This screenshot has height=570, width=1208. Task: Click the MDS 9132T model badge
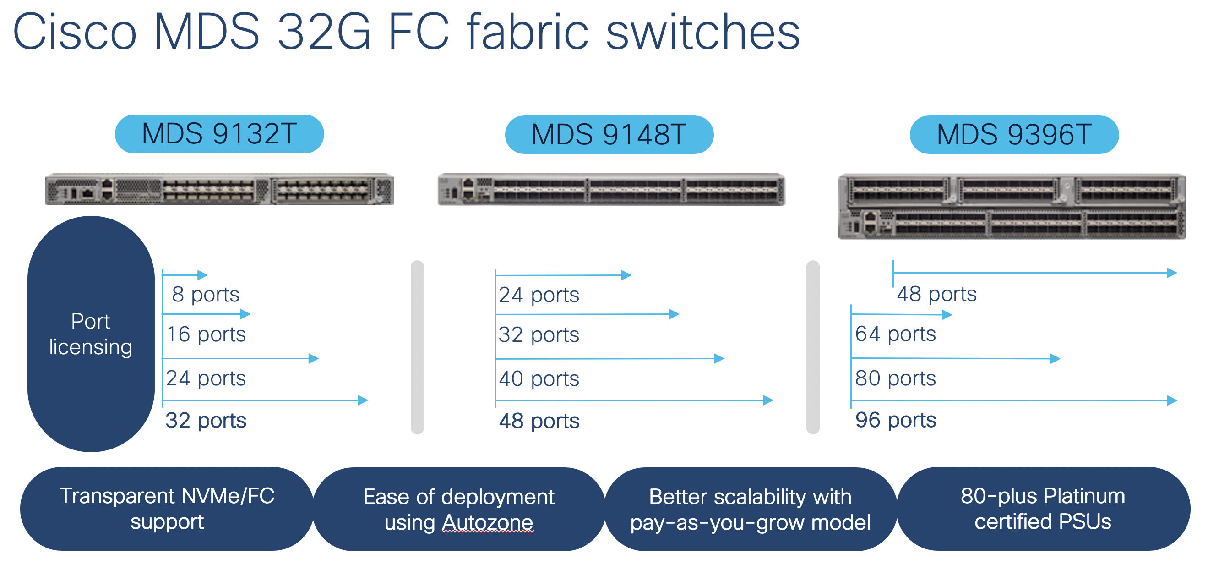[x=219, y=134]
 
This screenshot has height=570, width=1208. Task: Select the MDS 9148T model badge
[x=609, y=135]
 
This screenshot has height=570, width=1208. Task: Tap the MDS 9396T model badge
[x=1014, y=135]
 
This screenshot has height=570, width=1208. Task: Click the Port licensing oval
[x=91, y=334]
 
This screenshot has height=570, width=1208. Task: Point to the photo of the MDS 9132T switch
[x=219, y=189]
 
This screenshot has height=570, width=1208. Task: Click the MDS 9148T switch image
[x=611, y=189]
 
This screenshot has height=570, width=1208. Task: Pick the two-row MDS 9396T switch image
[x=1012, y=207]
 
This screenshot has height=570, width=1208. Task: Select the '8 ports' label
[x=206, y=295]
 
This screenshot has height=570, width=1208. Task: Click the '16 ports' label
[x=207, y=334]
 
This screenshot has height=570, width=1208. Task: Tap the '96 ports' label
[x=896, y=420]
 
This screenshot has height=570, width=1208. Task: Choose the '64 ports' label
[x=896, y=334]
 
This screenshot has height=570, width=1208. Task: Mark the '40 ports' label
[x=539, y=378]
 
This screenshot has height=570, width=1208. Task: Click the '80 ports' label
[x=896, y=378]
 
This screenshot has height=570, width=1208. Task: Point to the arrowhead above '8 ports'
[x=202, y=275]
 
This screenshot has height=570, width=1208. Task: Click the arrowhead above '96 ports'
[x=1172, y=400]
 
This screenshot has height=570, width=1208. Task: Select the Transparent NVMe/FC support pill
[x=167, y=509]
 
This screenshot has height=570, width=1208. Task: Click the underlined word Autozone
[x=488, y=523]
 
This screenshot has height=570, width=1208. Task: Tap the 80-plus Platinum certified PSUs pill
[x=1043, y=509]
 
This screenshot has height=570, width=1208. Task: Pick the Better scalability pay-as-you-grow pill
[x=751, y=509]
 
